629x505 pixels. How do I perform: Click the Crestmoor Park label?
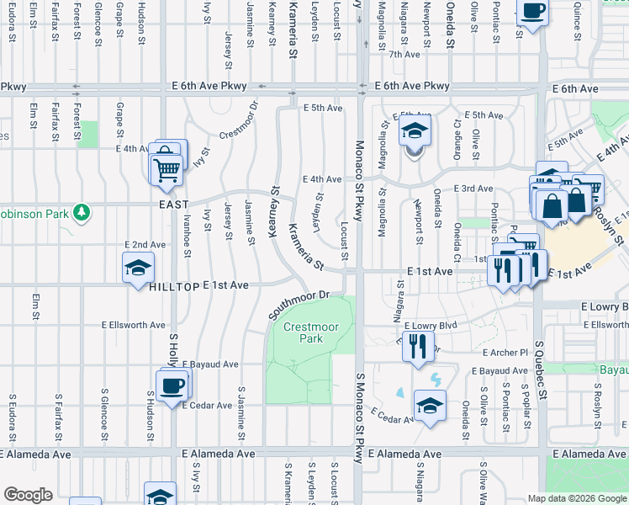[x=303, y=332]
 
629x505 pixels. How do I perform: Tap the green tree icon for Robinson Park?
[x=82, y=213]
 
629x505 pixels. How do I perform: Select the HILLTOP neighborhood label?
[x=174, y=286]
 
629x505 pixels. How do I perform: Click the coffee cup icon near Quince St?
[x=532, y=13]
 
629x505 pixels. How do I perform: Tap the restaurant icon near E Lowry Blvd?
[x=418, y=345]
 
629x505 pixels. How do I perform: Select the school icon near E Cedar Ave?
[x=430, y=407]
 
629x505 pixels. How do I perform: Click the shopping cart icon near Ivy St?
[x=166, y=168]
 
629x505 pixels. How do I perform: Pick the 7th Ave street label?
[x=404, y=54]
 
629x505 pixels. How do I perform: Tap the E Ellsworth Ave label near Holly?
[x=134, y=324]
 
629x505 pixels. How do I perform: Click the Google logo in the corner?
[x=28, y=495]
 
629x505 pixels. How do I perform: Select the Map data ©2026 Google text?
[x=577, y=498]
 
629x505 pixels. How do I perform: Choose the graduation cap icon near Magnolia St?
[x=414, y=132]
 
